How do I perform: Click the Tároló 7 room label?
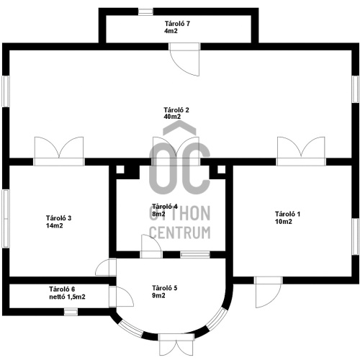pyautogui.click(x=177, y=24)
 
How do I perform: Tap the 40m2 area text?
pyautogui.click(x=172, y=117)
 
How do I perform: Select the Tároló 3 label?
pyautogui.click(x=58, y=218)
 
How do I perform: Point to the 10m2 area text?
pyautogui.click(x=284, y=222)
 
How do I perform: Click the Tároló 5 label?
pyautogui.click(x=165, y=288)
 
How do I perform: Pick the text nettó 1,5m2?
pyautogui.click(x=67, y=297)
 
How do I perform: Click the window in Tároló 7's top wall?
pyautogui.click(x=145, y=12)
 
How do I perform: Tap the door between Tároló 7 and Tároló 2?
pyautogui.click(x=184, y=59)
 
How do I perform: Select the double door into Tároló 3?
pyautogui.click(x=59, y=151)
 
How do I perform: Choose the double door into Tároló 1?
pyautogui.click(x=301, y=151)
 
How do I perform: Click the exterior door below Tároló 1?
pyautogui.click(x=268, y=292)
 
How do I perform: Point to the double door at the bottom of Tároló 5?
pyautogui.click(x=176, y=344)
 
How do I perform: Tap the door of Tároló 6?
pyautogui.click(x=121, y=297)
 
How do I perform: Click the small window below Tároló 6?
pyautogui.click(x=71, y=312)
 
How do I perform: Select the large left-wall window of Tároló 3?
pyautogui.click(x=6, y=219)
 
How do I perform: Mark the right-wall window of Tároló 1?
pyautogui.click(x=356, y=236)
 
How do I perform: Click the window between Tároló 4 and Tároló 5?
pyautogui.click(x=195, y=255)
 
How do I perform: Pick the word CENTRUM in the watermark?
pyautogui.click(x=180, y=233)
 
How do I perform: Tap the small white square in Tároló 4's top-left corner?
pyautogui.click(x=120, y=169)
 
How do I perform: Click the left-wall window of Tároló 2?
pyautogui.click(x=6, y=91)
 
